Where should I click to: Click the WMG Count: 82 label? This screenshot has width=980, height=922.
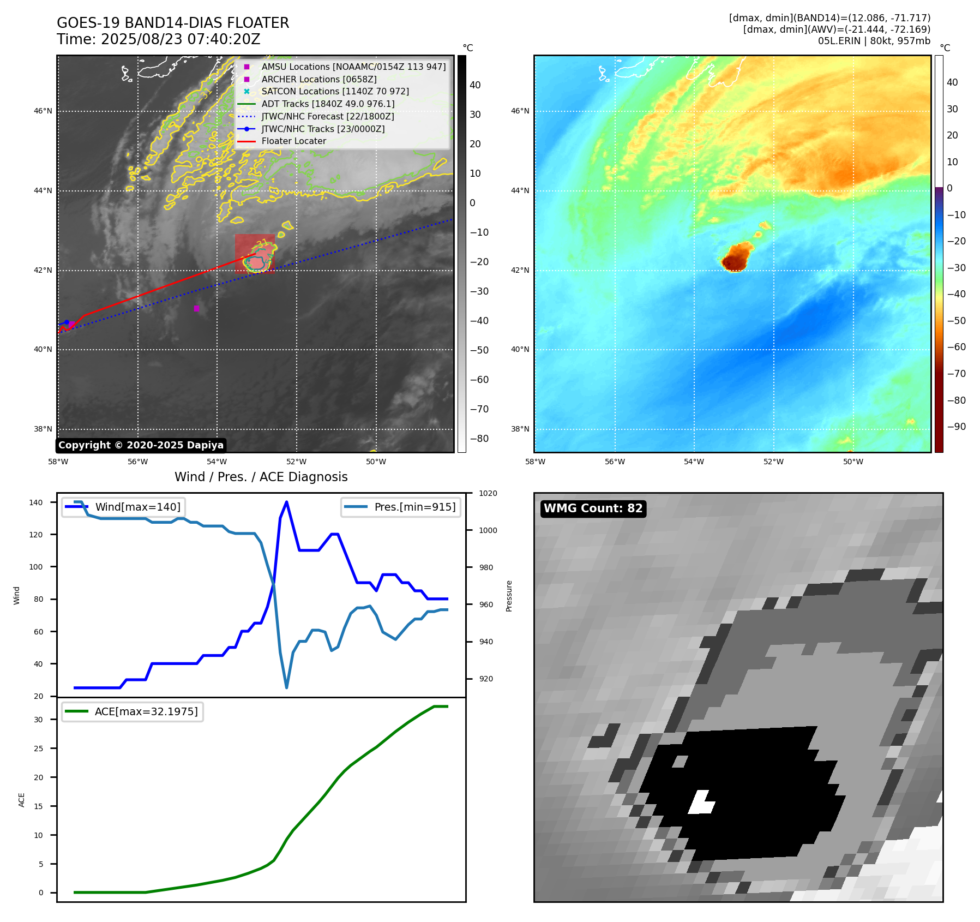593,508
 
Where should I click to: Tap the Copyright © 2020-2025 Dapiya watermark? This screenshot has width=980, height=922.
141,445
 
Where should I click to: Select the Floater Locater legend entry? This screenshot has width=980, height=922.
293,141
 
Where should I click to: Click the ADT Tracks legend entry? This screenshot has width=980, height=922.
328,104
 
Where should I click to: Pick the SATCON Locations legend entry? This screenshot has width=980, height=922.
335,92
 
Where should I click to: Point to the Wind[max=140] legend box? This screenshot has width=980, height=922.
124,507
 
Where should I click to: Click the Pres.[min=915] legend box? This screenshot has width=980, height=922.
401,507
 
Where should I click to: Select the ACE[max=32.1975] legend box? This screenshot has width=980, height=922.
133,711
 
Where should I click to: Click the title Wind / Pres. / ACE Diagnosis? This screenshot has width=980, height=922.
261,477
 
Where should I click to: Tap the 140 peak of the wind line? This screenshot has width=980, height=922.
286,502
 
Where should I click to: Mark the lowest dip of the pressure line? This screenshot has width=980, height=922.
286,687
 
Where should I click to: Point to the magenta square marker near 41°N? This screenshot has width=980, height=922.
196,308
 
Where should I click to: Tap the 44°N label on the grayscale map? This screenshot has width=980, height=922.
43,190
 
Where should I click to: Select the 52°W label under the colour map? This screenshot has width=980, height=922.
773,462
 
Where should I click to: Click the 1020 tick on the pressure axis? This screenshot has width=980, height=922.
488,494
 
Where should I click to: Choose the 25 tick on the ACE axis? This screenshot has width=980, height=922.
39,749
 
